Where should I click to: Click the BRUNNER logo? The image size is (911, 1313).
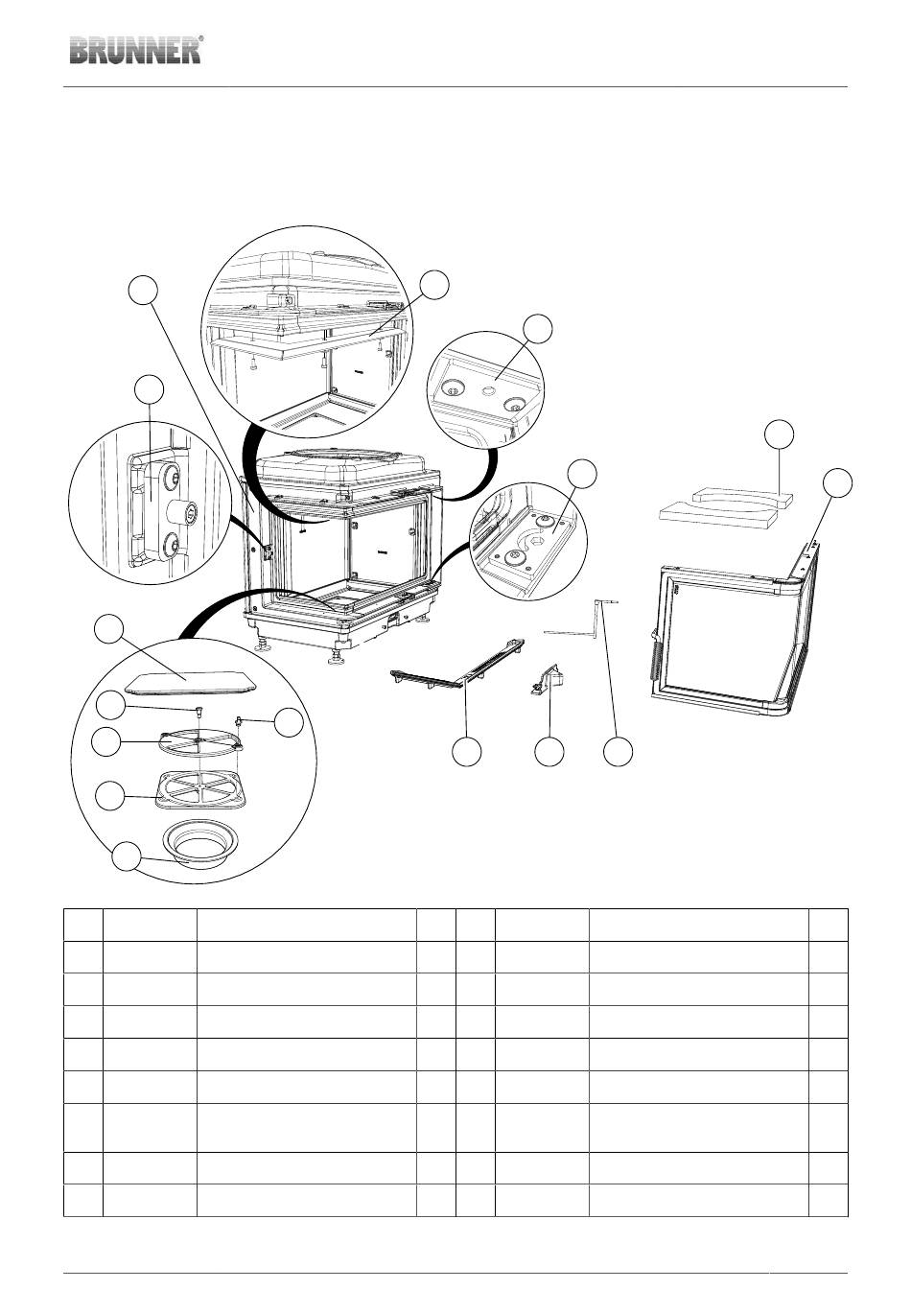pos(136,50)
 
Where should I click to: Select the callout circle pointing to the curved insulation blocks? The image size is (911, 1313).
pos(779,434)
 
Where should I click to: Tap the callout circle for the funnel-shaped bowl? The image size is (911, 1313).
pos(127,857)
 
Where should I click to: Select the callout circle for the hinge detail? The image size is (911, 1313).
pos(149,389)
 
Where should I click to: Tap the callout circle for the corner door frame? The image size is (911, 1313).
pos(837,482)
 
